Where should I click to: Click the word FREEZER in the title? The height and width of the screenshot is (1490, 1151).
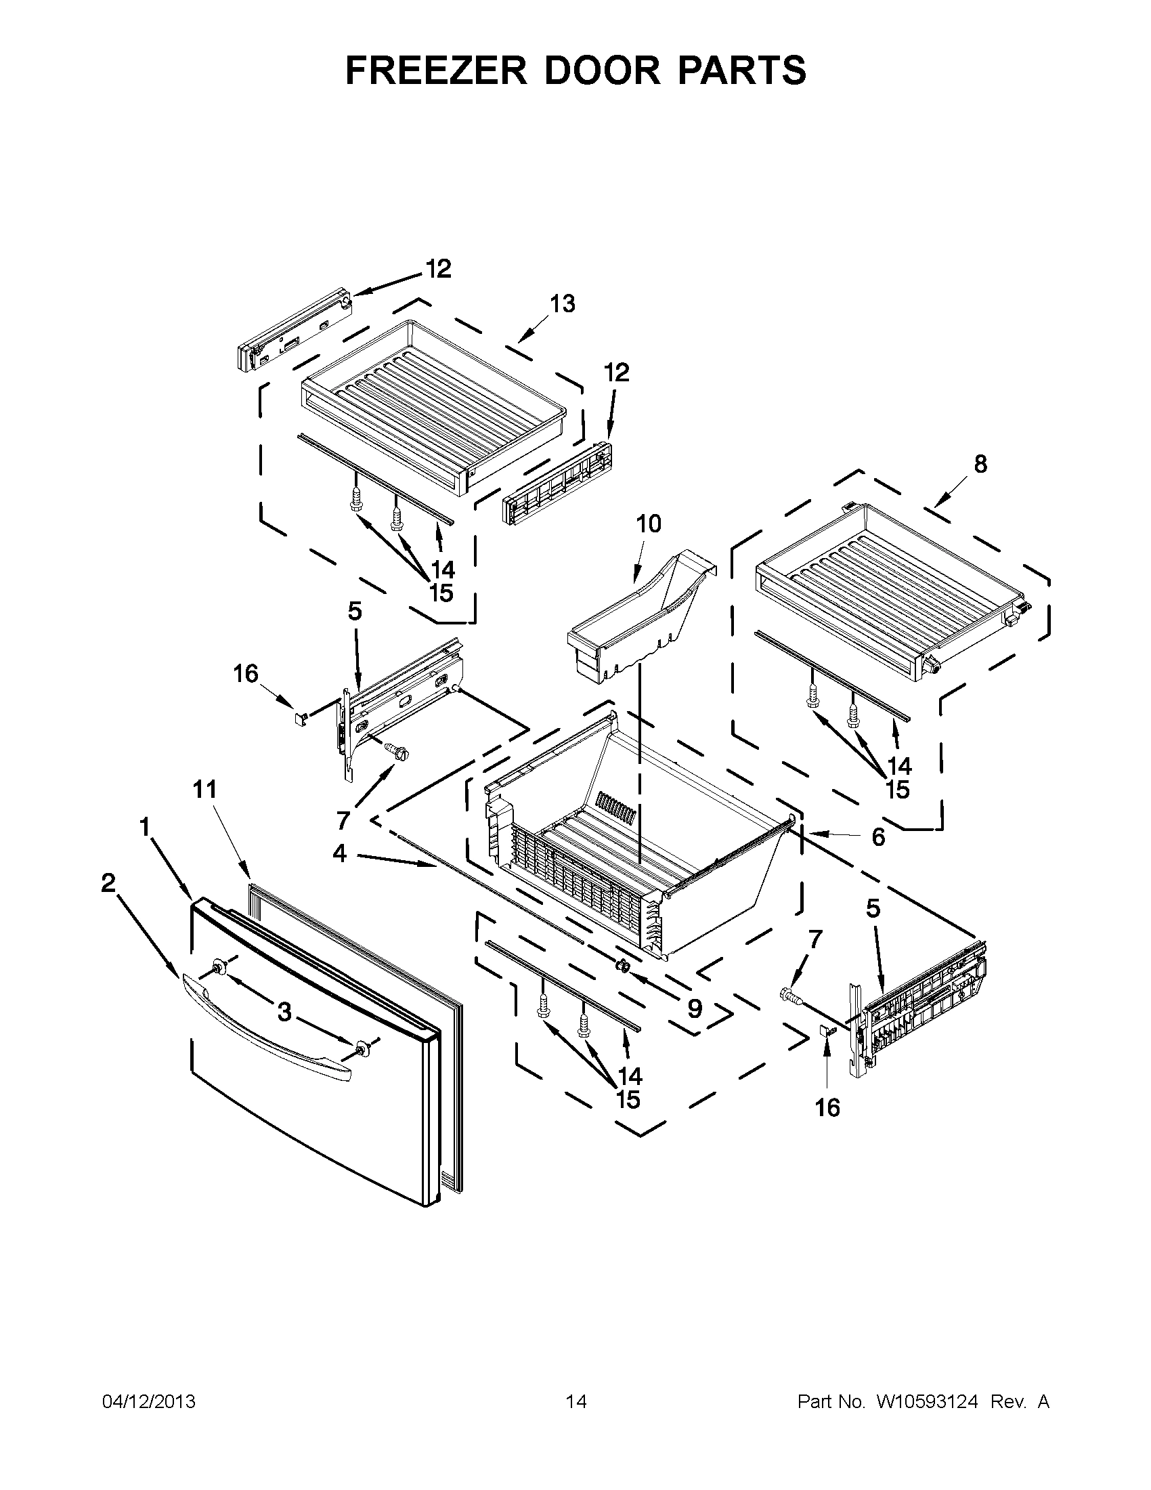(437, 70)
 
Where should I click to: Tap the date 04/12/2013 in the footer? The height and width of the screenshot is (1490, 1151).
(149, 1401)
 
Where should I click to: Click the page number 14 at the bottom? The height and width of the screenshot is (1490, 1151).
(575, 1401)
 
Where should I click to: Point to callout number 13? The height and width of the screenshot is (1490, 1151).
(563, 303)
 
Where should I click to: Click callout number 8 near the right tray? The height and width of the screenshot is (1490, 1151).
(980, 464)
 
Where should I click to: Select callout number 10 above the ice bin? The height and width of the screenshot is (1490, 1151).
(649, 524)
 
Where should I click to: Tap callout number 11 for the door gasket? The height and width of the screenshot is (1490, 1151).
(204, 789)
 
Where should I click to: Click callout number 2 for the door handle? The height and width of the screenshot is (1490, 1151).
(108, 882)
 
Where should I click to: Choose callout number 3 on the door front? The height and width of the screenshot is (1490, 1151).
(284, 1012)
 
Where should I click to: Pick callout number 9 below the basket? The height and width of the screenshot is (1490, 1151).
(694, 1008)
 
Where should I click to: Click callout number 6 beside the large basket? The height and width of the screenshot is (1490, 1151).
(877, 836)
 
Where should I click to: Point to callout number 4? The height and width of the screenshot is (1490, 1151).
(340, 853)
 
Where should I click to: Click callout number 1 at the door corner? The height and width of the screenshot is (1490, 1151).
(145, 827)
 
